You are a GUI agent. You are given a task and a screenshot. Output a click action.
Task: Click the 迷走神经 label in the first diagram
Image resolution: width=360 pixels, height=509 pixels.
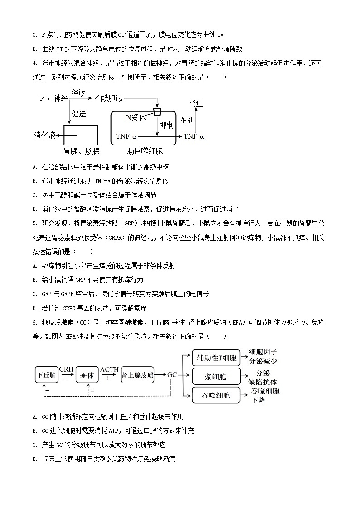coord(54,97)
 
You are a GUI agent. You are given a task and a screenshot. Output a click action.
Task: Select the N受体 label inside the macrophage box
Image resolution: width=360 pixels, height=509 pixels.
coord(135,118)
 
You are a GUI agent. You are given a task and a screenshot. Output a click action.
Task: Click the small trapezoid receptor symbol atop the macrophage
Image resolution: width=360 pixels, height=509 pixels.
coord(157,111)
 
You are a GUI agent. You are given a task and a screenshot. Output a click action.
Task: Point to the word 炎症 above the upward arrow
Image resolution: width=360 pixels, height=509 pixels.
coord(195,103)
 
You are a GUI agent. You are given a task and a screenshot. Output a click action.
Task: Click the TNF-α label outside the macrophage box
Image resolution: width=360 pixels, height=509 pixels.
coord(194,136)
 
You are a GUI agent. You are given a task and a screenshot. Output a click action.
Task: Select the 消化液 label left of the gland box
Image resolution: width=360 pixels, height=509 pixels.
coord(45,136)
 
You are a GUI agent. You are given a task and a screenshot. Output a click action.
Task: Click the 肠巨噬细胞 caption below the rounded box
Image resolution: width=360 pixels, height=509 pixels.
coord(145,151)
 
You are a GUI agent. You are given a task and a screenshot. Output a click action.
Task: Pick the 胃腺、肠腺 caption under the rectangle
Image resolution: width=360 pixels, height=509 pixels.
coord(81,151)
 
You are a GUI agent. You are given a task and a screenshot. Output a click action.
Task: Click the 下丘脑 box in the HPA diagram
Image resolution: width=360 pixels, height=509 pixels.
coord(47,375)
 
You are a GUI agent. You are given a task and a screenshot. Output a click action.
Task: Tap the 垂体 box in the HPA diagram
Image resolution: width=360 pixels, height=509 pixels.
coord(87,375)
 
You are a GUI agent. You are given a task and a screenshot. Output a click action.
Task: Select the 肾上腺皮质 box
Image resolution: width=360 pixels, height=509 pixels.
coord(137,375)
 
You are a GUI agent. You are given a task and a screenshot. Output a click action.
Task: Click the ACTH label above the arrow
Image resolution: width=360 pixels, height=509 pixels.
coord(109,369)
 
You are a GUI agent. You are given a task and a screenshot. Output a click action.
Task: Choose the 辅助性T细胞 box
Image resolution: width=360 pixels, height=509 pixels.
coord(216,358)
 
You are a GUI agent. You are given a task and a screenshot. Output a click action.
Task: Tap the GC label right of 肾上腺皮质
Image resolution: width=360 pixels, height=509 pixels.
coord(172,375)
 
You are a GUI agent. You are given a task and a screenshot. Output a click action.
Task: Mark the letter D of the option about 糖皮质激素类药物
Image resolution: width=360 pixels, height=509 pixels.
coord(35,459)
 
